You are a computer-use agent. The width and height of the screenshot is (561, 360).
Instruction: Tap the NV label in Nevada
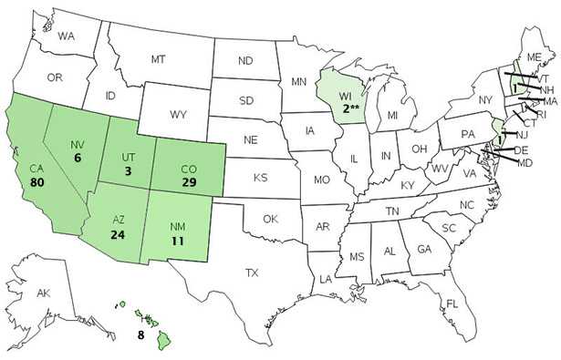click(78, 142)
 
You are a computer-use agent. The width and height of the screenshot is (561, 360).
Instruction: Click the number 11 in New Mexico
click(178, 242)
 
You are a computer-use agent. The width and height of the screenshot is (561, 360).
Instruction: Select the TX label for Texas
click(253, 272)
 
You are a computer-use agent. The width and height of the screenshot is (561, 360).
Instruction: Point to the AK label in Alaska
click(43, 294)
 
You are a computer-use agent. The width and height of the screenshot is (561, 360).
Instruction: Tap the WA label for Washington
click(66, 36)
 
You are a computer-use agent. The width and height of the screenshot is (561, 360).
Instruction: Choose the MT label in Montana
click(156, 58)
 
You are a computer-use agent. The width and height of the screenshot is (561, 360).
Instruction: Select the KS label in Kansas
click(260, 176)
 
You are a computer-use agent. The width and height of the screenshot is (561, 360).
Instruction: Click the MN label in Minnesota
click(298, 81)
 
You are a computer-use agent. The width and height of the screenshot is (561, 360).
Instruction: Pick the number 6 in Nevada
click(78, 157)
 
